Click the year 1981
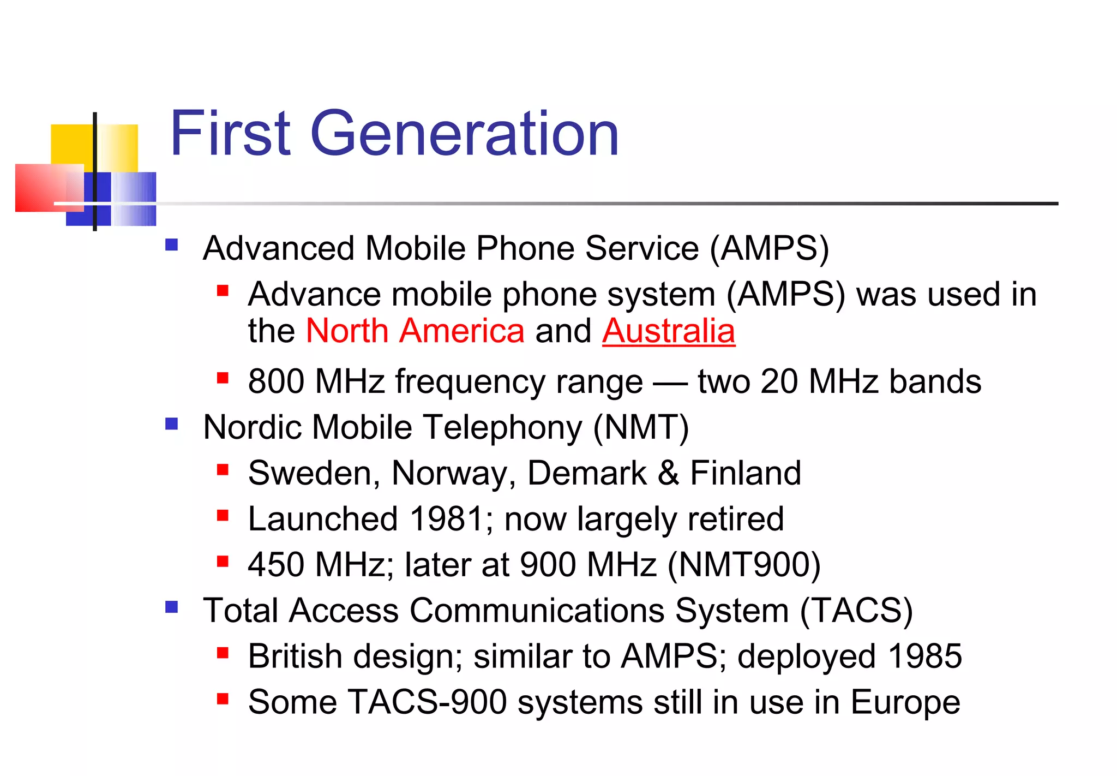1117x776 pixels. pos(446,518)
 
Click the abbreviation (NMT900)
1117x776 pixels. pos(744,564)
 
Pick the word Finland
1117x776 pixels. pos(746,473)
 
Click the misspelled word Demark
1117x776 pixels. pos(587,473)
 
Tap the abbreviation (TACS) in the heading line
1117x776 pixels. pos(856,610)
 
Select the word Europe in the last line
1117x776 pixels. pos(905,702)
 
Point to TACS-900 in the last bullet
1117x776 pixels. pos(427,702)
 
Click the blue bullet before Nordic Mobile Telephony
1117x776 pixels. pos(172,424)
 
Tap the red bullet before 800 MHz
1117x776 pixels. pos(222,378)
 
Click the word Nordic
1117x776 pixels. pos(253,427)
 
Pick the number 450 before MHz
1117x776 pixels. pos(275,564)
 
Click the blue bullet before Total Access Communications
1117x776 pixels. pos(172,607)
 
